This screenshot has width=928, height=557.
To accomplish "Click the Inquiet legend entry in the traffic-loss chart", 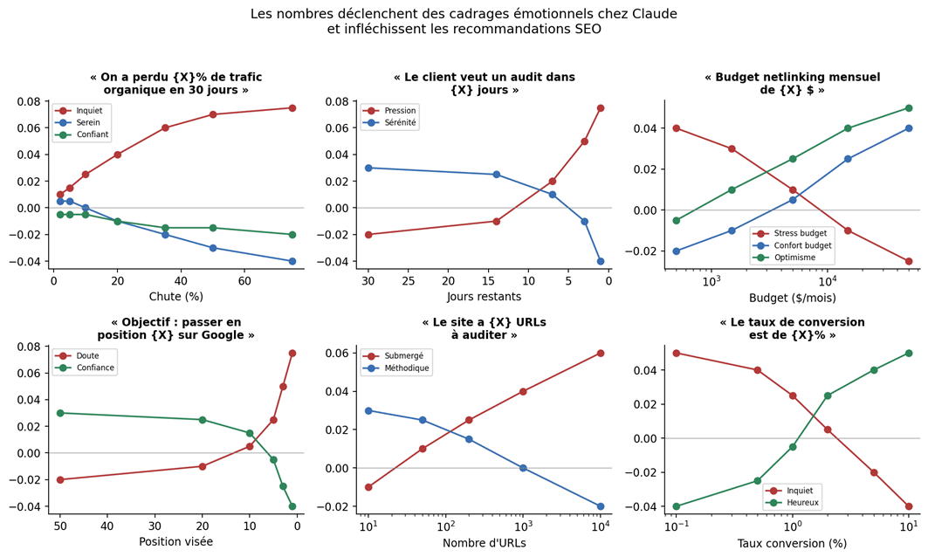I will [88, 111].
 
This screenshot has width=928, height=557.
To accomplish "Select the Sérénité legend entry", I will [399, 124].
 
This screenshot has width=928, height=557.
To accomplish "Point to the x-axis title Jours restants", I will [483, 296].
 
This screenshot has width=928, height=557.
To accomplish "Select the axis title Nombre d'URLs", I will [484, 542].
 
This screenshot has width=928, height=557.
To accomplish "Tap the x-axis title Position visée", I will [175, 541].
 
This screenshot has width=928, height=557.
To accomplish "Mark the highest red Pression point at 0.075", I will [601, 108].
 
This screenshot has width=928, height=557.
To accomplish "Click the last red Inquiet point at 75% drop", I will [292, 108].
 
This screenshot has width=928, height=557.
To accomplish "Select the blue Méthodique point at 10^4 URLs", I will [601, 506].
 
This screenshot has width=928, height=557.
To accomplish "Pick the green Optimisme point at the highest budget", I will [909, 108].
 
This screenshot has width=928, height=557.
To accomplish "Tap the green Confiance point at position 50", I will [60, 413].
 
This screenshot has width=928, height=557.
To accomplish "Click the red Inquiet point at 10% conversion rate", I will [909, 506].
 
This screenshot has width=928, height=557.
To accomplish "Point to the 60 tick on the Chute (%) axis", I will [244, 282].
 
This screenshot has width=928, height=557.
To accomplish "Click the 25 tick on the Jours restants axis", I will [409, 282].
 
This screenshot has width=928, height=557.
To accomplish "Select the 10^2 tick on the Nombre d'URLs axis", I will [445, 528].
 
